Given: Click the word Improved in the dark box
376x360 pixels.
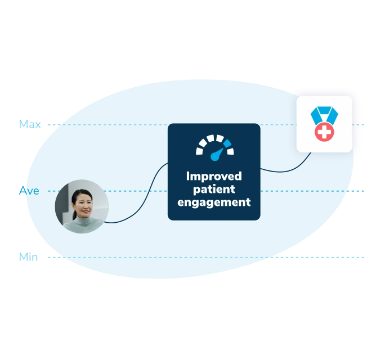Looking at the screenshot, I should (214, 176).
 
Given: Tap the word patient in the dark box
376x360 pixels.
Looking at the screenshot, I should (214, 189).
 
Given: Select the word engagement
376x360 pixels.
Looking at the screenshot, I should (214, 202).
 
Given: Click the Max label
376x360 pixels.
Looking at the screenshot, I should (30, 124).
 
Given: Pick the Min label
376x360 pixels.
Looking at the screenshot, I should (29, 256).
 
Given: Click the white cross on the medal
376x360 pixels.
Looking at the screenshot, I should (324, 133).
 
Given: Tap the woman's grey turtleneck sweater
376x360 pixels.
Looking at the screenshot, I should (82, 224).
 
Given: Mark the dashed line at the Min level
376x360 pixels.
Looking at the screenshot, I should (169, 258).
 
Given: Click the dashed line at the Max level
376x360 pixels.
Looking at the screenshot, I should (113, 124).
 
